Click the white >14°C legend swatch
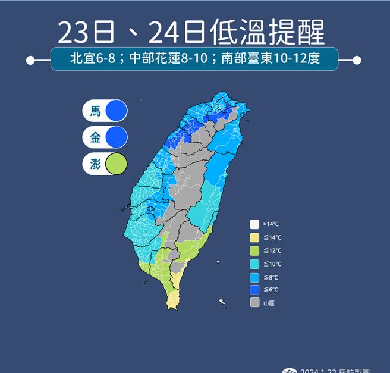[254, 224]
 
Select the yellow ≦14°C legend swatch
[254, 237]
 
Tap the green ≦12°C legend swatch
[254, 250]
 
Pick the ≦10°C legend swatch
[254, 264]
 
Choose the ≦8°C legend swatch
[254, 277]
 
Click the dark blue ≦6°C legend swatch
[254, 290]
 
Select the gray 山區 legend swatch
[254, 303]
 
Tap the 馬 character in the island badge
[95, 111]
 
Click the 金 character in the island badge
[95, 137]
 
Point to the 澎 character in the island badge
[95, 164]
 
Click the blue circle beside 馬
[117, 111]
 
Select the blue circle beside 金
[117, 137]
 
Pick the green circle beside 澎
[117, 164]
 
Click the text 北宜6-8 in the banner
[89, 59]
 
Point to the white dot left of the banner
[30, 60]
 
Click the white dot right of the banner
[357, 60]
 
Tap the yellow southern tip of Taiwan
[172, 299]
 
